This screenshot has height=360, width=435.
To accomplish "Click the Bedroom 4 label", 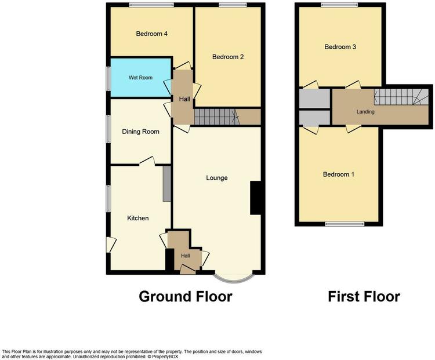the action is (x=152, y=34).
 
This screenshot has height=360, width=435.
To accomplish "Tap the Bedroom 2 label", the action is (x=228, y=57).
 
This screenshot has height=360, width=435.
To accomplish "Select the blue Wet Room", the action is (x=141, y=78).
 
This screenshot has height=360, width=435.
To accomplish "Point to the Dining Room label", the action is (x=141, y=132).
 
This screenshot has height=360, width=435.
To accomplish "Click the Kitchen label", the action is (x=138, y=219).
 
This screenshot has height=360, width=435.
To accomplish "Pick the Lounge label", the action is (x=217, y=178).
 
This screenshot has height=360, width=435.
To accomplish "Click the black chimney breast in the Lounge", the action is (x=256, y=198).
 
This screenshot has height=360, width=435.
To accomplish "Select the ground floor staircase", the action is (x=217, y=117).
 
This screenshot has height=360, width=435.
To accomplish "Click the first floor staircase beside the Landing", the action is (x=401, y=97).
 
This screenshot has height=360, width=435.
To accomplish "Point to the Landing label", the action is (x=365, y=112).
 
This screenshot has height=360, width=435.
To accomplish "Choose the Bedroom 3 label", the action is (x=340, y=47).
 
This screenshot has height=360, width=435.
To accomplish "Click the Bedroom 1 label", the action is (x=339, y=174).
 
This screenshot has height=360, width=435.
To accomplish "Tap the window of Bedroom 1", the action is (x=345, y=224).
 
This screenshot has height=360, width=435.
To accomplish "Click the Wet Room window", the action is (x=109, y=78).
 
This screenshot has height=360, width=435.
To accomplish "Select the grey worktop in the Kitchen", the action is (x=166, y=184).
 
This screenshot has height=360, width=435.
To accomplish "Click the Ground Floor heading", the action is (x=186, y=296).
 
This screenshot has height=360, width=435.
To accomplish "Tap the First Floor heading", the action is (x=364, y=296).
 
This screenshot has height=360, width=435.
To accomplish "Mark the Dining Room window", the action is (x=109, y=129).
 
